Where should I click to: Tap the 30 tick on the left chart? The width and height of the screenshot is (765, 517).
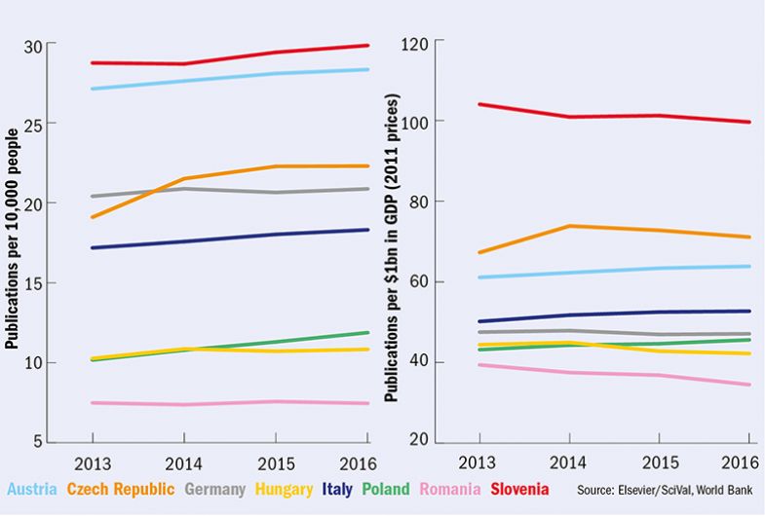[x=34, y=45]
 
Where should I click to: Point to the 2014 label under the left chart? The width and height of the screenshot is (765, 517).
[x=183, y=462]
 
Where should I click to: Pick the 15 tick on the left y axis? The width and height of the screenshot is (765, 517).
[x=34, y=283]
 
